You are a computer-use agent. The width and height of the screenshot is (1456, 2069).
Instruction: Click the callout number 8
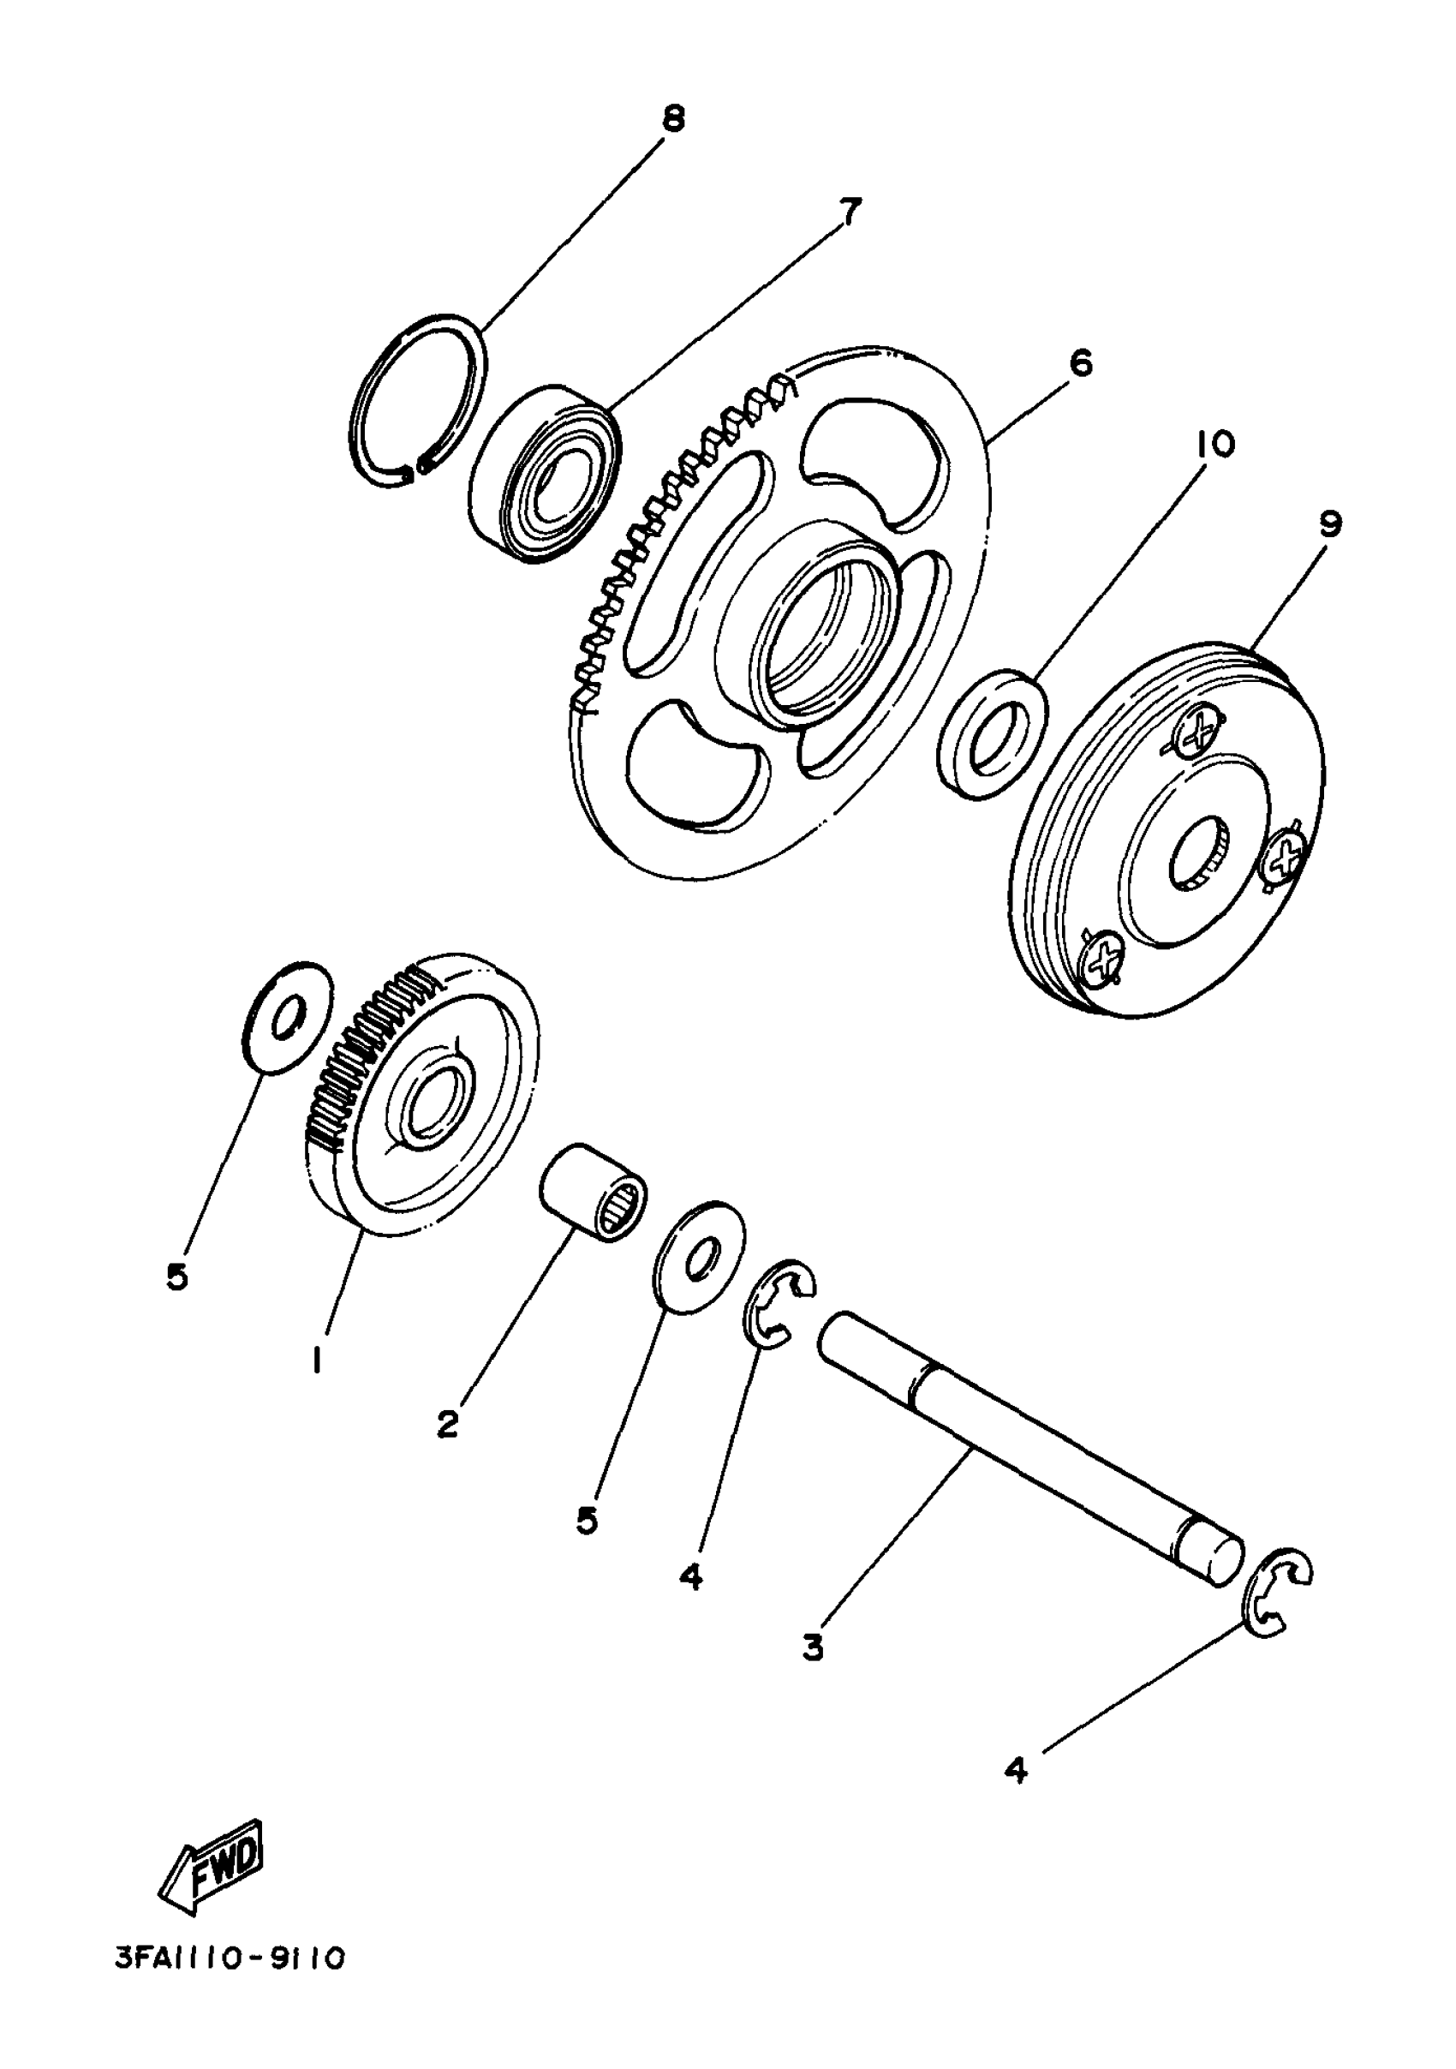click(x=673, y=118)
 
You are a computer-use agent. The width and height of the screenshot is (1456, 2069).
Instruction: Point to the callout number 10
click(x=1215, y=444)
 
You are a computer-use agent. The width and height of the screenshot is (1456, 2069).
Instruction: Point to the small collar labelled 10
click(x=992, y=733)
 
